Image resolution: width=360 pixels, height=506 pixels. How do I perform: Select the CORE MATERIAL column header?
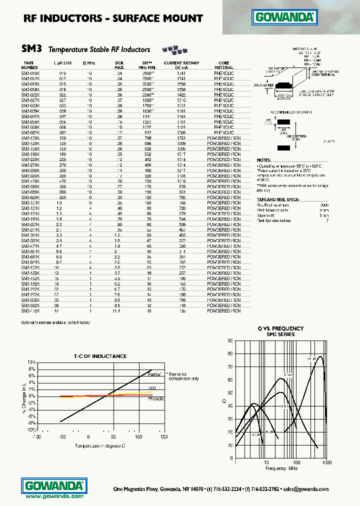(223, 64)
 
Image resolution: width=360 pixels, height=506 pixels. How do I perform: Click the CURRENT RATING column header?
(181, 64)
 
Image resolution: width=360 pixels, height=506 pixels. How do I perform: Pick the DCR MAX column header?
(119, 64)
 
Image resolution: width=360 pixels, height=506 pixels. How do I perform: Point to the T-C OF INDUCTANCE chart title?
(100, 356)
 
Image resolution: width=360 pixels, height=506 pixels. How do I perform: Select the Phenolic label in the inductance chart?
(155, 399)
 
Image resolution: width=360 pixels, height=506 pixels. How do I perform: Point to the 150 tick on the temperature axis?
(164, 436)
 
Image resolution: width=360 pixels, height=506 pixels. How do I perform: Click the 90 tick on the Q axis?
(230, 340)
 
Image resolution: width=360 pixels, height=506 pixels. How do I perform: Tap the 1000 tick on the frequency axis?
(326, 462)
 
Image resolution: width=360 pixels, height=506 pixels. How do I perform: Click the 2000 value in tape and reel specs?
(324, 205)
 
